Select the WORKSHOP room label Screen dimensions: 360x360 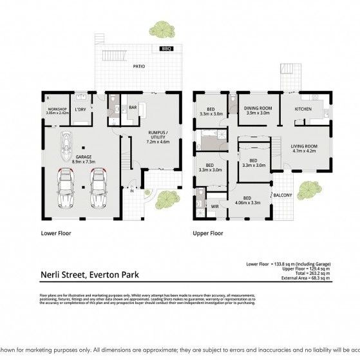57,109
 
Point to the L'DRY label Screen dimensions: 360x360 81,109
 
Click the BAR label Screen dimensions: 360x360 133,107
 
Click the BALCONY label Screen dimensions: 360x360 283,196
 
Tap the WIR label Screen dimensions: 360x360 215,206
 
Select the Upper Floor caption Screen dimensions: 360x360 207,234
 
